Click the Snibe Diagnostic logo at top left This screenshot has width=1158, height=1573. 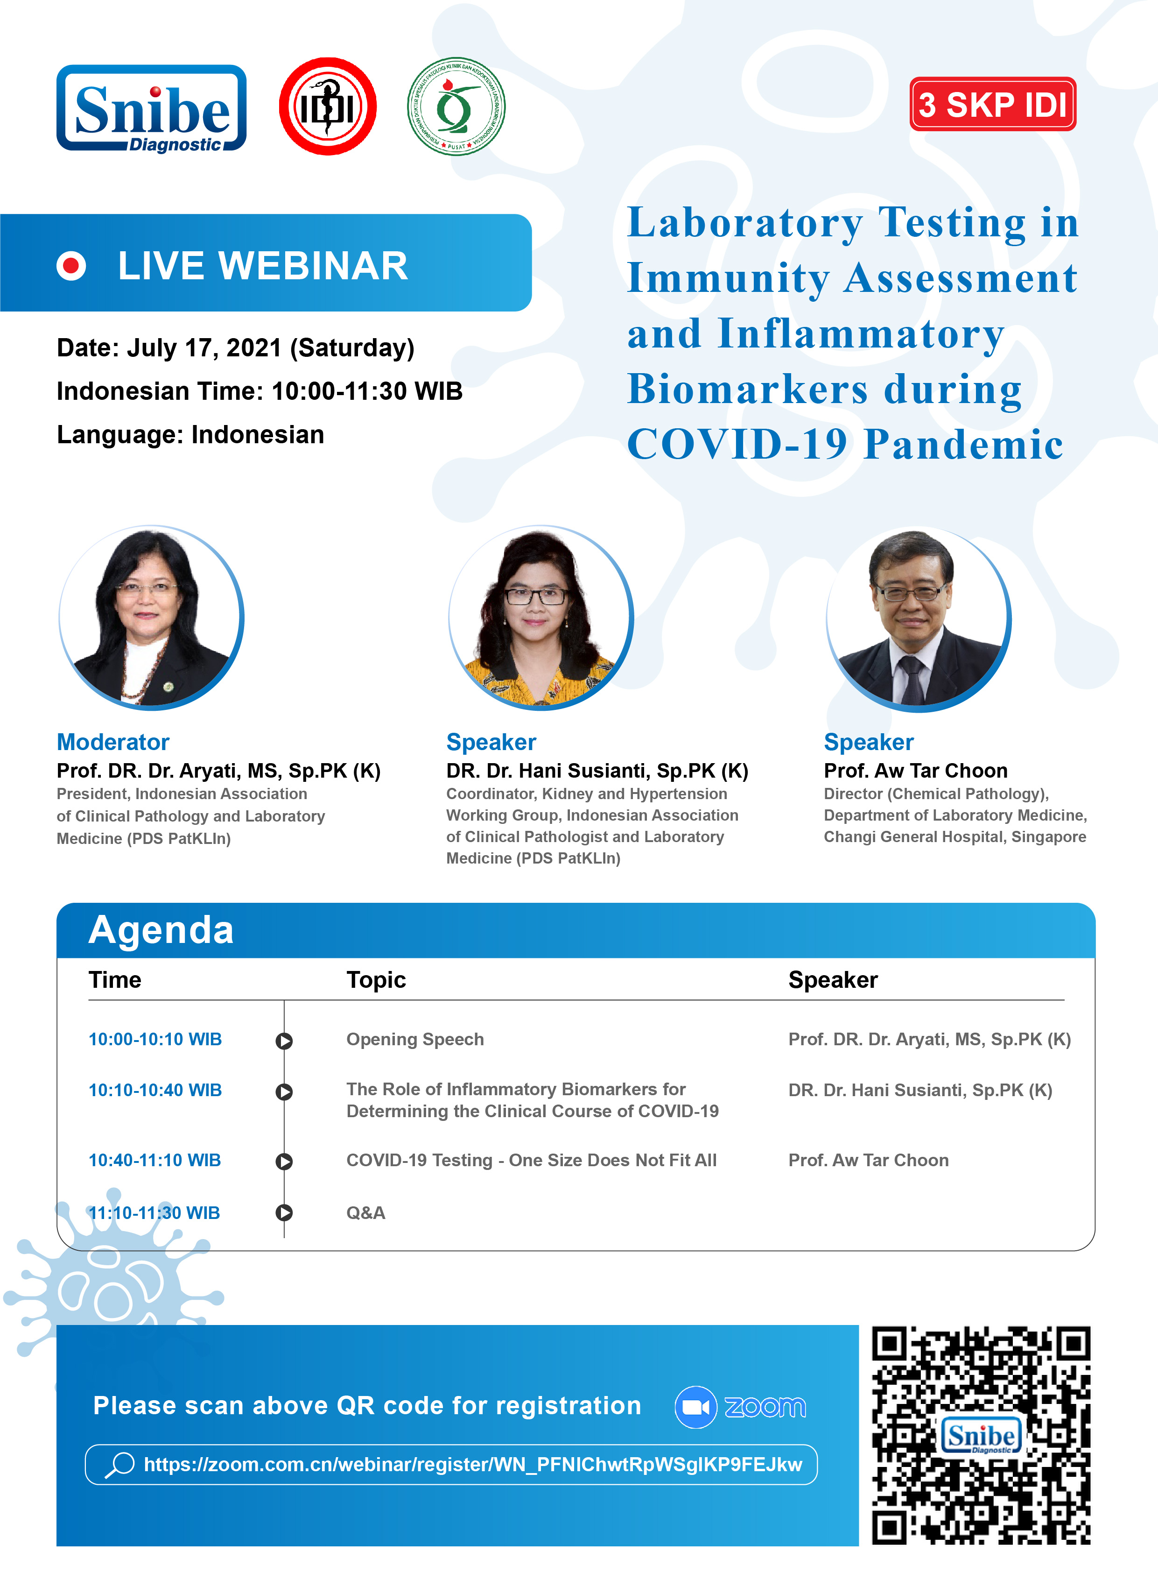click(151, 109)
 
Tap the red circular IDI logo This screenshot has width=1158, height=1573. click(327, 106)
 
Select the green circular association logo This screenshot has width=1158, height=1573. click(456, 106)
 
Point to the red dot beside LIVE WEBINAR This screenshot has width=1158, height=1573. click(71, 266)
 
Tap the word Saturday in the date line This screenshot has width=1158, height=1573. click(352, 348)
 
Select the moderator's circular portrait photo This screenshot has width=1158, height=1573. click(151, 617)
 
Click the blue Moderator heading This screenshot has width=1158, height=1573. click(113, 742)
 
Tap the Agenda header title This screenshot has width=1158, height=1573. click(161, 931)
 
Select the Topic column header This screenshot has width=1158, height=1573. click(376, 980)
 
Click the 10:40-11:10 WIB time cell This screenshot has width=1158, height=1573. click(155, 1161)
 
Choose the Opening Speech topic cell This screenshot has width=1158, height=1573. click(415, 1039)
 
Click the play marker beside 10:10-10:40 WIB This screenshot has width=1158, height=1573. click(284, 1092)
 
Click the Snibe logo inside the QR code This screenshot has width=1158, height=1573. click(982, 1436)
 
